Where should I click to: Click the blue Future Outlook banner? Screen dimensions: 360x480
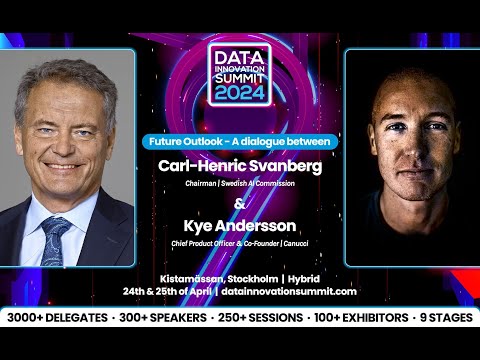[x=240, y=142]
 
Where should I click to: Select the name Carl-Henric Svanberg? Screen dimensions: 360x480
[x=240, y=166]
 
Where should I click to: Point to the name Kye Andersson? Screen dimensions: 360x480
[x=240, y=228]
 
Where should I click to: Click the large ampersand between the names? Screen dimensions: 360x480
[x=240, y=205]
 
